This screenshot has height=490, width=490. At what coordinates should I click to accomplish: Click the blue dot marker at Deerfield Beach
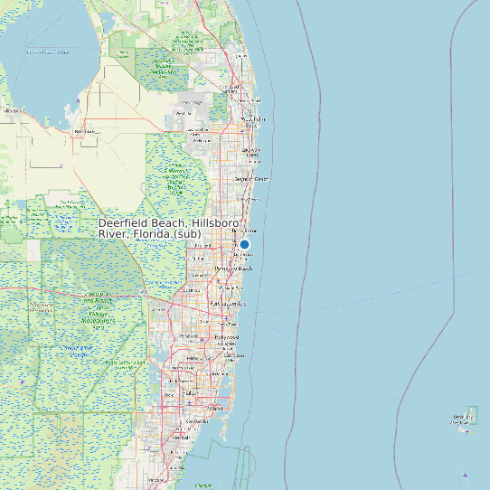pyautogui.click(x=244, y=243)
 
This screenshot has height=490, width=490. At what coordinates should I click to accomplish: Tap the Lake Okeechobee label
pyautogui.click(x=48, y=52)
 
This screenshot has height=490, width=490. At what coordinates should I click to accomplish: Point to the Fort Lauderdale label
pyautogui.click(x=227, y=304)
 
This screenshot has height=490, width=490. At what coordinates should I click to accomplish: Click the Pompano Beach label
pyautogui.click(x=233, y=269)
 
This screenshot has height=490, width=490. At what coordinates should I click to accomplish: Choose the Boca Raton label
pyautogui.click(x=241, y=231)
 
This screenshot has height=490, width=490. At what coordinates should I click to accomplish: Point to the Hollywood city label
pyautogui.click(x=227, y=337)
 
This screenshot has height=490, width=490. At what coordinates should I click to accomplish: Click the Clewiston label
pyautogui.click(x=13, y=110)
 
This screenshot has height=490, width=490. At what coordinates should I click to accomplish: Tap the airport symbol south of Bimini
pyautogui.click(x=465, y=475)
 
